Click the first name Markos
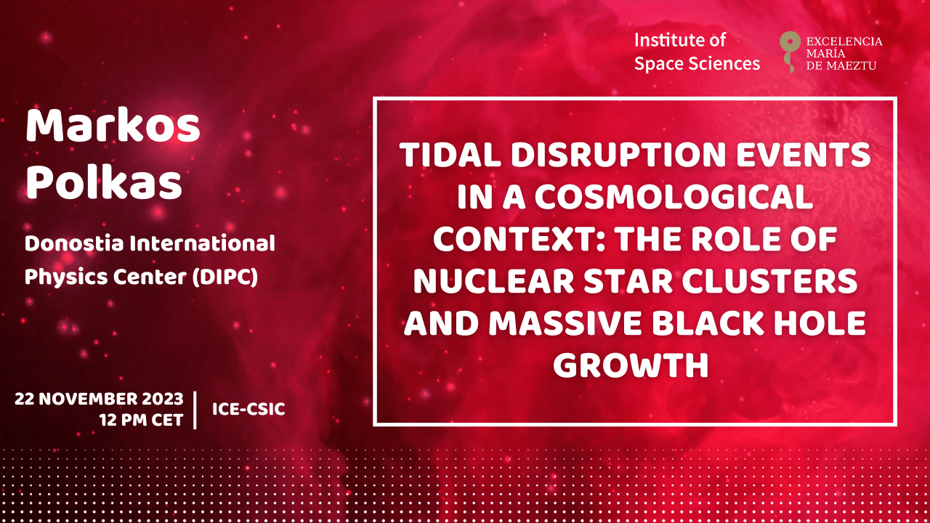pos(113,126)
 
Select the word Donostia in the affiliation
pos(74,243)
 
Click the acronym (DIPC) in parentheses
pos(225,277)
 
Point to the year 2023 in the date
pos(163,399)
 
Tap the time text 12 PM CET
pos(141,420)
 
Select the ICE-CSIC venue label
pos(248,409)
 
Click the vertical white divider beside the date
pos(195,410)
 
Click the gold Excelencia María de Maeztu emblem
pos(790,51)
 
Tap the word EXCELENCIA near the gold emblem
pos(844,41)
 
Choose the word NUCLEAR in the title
pos(493,281)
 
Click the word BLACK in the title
pos(708,323)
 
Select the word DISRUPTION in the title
pos(618,155)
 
